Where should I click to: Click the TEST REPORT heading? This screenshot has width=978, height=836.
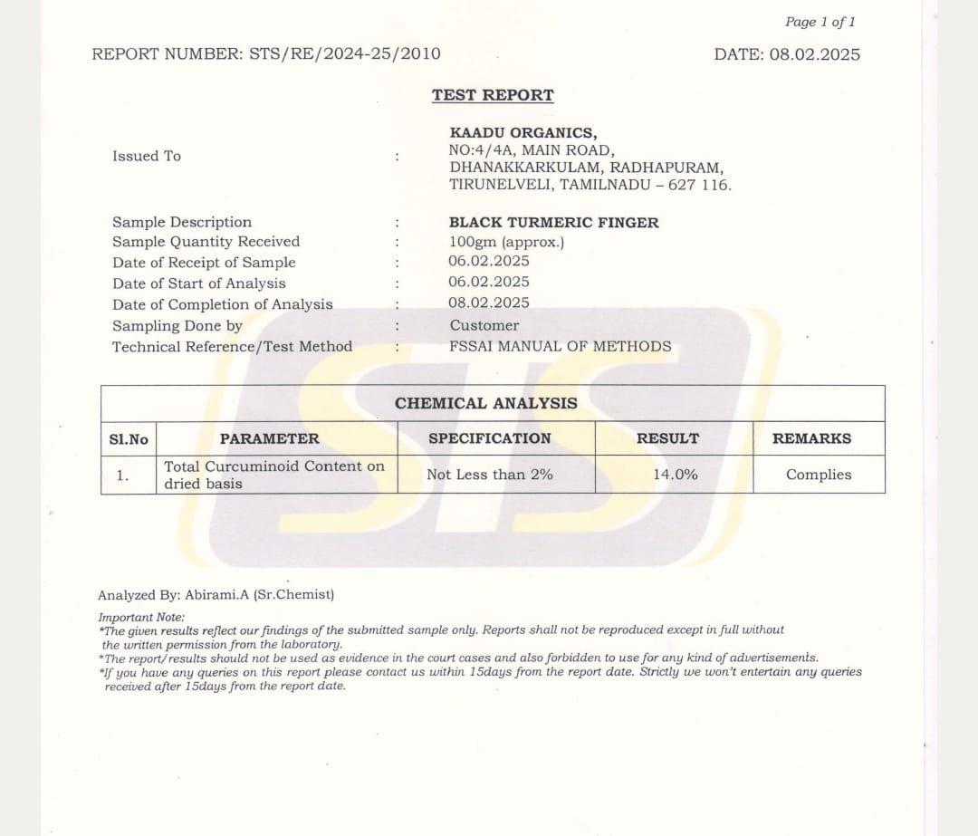point(493,95)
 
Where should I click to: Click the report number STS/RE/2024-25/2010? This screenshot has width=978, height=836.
point(345,53)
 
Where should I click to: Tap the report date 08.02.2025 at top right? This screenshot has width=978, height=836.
point(814,54)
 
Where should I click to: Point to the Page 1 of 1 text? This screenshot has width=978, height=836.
point(820,22)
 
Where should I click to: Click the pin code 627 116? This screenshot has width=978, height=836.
point(698,185)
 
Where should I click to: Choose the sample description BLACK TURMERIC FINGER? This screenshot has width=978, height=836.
point(553,223)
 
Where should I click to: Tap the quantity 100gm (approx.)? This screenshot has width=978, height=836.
point(506,242)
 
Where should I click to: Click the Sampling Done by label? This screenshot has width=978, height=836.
point(177,326)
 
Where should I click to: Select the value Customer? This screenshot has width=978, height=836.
point(484,325)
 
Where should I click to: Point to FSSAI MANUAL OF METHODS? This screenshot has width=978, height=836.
point(561,346)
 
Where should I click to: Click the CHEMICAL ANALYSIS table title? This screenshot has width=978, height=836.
point(485,404)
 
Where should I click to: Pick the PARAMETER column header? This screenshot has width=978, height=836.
point(269,438)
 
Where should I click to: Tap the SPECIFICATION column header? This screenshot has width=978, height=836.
point(489,438)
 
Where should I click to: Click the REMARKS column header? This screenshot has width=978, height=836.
point(811,438)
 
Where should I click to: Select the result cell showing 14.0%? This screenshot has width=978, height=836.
point(676,474)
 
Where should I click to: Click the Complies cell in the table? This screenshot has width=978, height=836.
point(819,475)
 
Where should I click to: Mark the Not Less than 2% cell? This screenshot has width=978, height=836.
point(489,475)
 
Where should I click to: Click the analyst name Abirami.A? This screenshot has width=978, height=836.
point(214,595)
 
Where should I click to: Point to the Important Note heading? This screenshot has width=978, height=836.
point(140,618)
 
